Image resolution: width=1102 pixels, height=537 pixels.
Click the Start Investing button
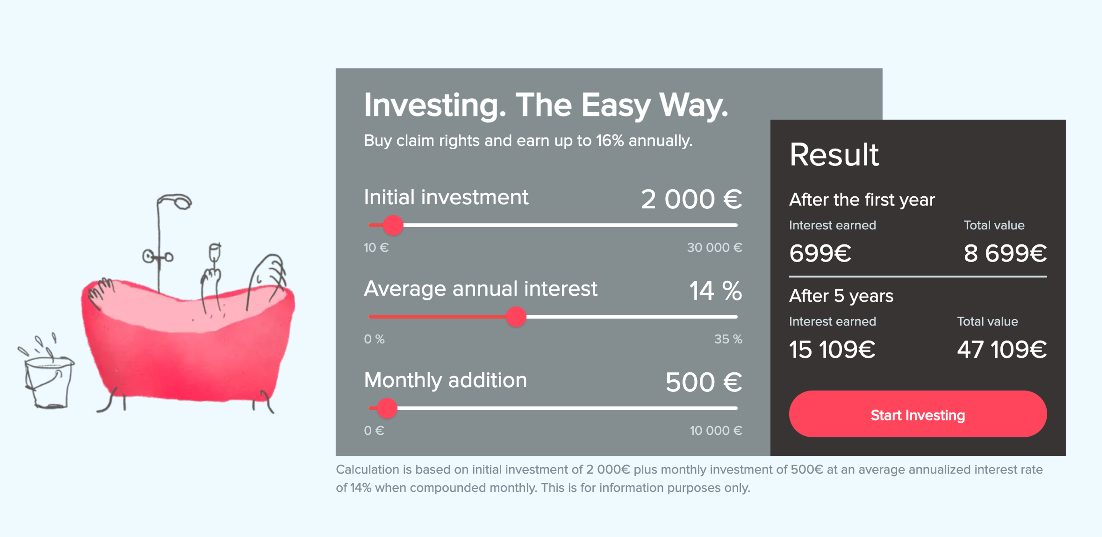918,414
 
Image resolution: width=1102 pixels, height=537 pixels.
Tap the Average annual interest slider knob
516,317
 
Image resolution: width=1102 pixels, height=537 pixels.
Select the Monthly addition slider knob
387,408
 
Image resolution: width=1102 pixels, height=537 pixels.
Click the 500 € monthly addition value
704,382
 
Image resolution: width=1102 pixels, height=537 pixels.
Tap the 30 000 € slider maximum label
714,247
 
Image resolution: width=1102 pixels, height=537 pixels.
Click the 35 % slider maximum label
728,339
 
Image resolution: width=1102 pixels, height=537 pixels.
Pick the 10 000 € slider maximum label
716,431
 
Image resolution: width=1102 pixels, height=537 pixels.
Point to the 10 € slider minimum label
376,247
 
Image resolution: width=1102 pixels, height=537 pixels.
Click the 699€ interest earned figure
820,253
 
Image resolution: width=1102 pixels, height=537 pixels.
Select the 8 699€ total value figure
1005,253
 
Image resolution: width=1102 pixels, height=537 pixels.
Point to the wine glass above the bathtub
214,253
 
